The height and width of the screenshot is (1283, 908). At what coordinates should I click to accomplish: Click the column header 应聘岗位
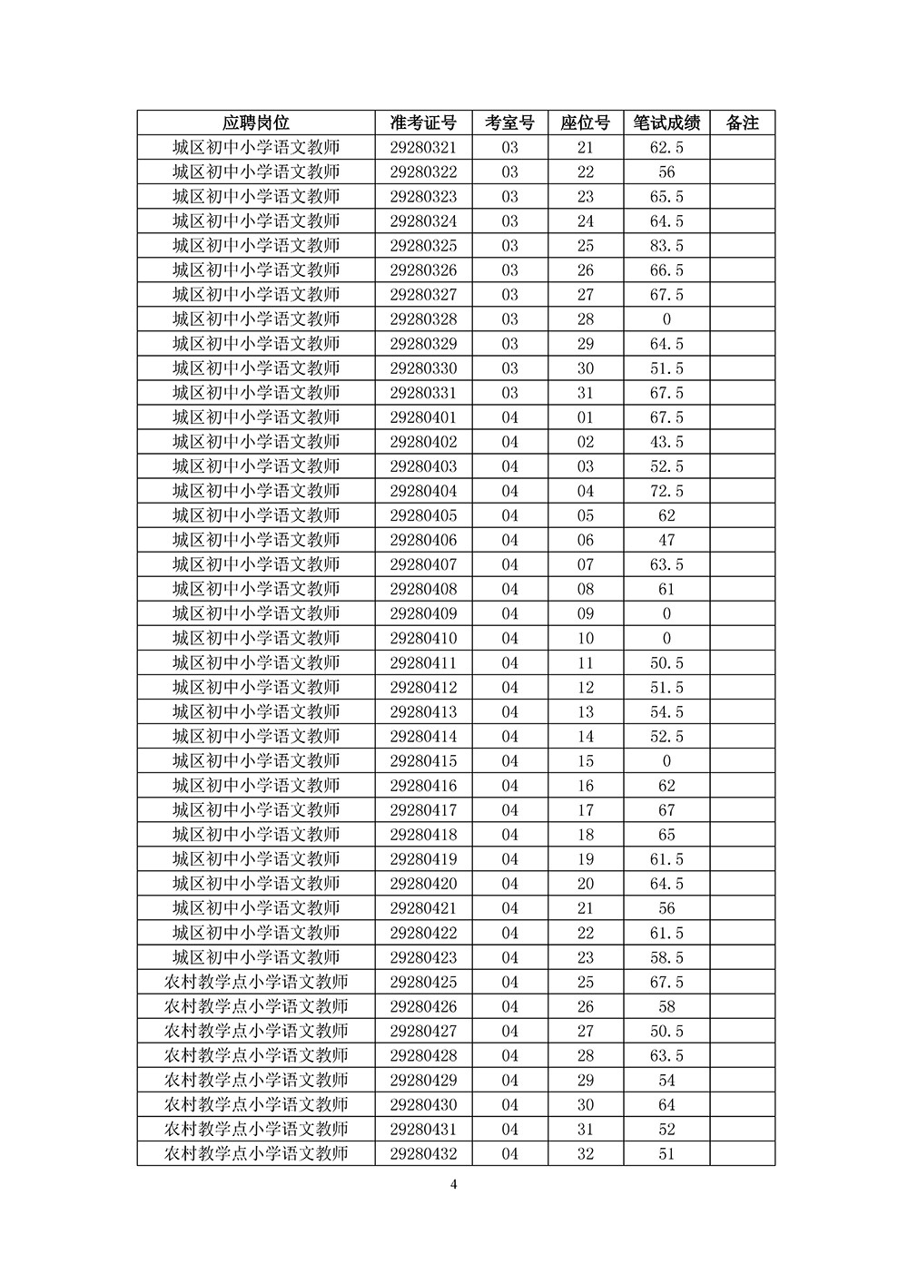(256, 122)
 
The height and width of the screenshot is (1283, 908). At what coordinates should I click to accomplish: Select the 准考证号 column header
(423, 122)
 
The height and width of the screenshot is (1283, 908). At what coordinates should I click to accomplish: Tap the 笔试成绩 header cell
(666, 122)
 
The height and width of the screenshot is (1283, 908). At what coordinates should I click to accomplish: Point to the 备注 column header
(743, 122)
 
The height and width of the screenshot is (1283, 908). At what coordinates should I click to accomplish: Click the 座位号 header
(585, 122)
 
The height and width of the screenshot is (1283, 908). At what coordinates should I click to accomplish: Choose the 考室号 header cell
(509, 122)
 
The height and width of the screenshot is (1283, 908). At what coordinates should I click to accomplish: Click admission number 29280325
(423, 246)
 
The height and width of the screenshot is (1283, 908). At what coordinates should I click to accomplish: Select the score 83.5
(666, 246)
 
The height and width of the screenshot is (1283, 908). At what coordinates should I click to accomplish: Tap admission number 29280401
(423, 417)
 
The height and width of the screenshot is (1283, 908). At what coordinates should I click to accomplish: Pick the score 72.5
(666, 491)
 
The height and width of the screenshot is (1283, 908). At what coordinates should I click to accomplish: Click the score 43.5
(666, 442)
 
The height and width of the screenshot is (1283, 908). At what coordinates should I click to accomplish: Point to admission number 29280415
(423, 761)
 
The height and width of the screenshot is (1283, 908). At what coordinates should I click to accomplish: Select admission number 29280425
(423, 982)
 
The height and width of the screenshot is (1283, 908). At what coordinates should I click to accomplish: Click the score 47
(666, 540)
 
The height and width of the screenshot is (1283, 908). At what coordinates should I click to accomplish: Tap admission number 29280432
(423, 1154)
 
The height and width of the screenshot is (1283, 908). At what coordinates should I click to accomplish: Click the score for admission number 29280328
(666, 319)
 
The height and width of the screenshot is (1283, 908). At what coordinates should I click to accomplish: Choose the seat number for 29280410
(585, 638)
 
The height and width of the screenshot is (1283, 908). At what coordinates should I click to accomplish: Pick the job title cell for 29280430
(256, 1105)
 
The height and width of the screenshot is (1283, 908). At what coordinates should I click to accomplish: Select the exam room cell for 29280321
(509, 148)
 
